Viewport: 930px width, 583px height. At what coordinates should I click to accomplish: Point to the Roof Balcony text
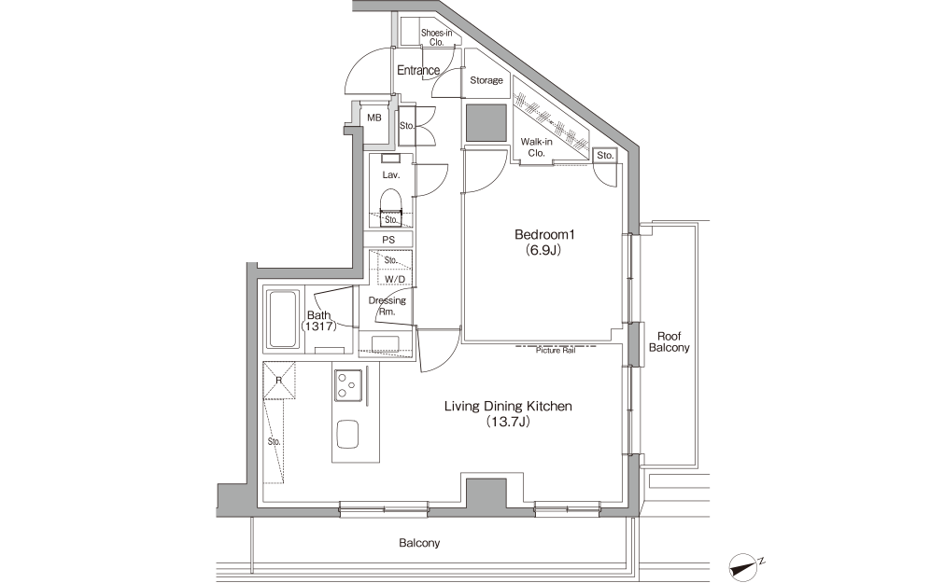click(x=669, y=342)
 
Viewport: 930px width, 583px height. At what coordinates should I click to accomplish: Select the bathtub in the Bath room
click(x=283, y=319)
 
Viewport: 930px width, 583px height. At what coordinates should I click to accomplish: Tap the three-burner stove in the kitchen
click(x=348, y=384)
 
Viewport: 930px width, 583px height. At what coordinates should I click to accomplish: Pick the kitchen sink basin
click(x=347, y=435)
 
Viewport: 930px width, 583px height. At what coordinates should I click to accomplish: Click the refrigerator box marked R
click(x=279, y=380)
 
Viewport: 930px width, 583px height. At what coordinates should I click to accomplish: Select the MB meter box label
click(x=373, y=118)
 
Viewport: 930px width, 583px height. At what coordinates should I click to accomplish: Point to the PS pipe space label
click(x=388, y=240)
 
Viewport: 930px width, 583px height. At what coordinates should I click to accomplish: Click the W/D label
click(x=395, y=279)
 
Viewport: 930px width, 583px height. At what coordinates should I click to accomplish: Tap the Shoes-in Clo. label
click(x=437, y=37)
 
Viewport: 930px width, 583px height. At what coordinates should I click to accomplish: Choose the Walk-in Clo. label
click(x=536, y=147)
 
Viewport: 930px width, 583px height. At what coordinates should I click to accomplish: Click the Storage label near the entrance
click(x=486, y=80)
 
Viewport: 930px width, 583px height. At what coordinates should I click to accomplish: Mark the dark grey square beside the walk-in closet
click(x=486, y=122)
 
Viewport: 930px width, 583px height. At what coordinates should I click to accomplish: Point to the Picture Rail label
click(x=556, y=351)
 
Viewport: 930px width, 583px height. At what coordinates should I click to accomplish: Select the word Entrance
click(x=418, y=70)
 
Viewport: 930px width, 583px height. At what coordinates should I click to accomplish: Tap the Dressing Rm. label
click(x=387, y=306)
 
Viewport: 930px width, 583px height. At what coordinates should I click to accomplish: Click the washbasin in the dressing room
click(x=386, y=344)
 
